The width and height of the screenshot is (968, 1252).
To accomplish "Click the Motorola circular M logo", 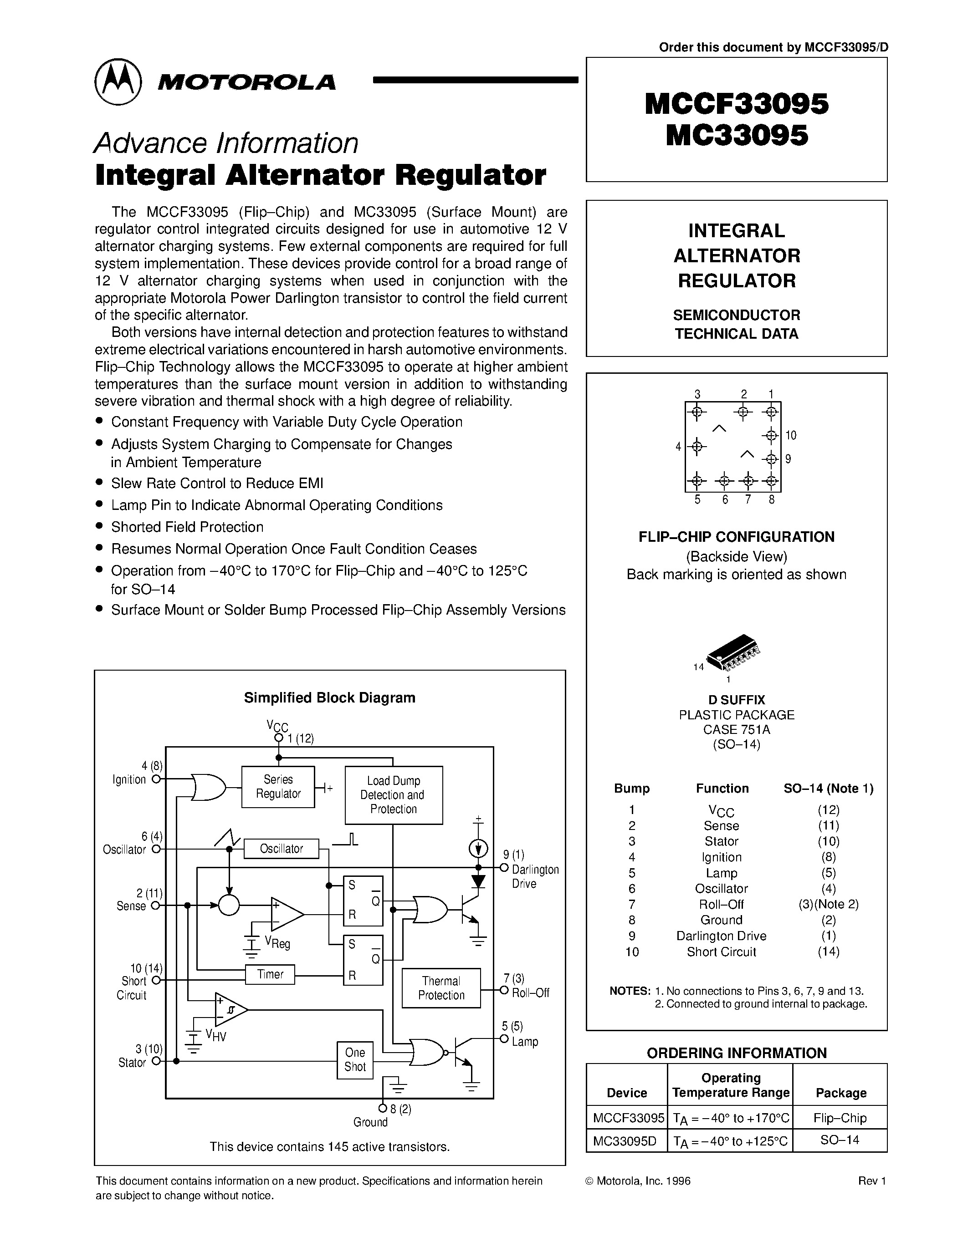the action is pos(118,81).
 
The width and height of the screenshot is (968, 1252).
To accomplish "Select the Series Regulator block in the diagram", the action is pos(278,787).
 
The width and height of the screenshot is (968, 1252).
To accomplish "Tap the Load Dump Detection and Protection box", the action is pos(394,795).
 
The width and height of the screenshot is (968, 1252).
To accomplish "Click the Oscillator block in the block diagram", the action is pos(281,849).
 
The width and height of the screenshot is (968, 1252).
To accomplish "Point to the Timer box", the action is pos(270,974).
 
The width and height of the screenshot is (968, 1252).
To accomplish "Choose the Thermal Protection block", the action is pos(441,988).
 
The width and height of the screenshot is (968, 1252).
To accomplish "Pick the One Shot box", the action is pos(355,1059).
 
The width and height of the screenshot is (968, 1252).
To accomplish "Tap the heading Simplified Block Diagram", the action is pos(329,697).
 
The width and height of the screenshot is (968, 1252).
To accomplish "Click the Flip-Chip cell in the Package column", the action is pos(840,1118).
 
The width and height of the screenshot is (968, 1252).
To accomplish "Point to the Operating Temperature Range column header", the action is pos(731,1085).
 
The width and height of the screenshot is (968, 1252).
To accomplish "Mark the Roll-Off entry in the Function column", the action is pos(722,904).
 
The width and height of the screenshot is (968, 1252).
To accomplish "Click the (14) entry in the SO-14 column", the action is pos(829,952).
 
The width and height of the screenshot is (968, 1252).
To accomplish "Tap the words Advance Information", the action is pos(226,143).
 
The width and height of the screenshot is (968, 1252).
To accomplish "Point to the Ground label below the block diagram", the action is pos(370,1122).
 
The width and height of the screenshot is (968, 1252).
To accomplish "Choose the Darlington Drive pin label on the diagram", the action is pos(534,876).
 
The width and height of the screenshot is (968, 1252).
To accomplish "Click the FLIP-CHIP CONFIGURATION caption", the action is pos(736,537).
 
